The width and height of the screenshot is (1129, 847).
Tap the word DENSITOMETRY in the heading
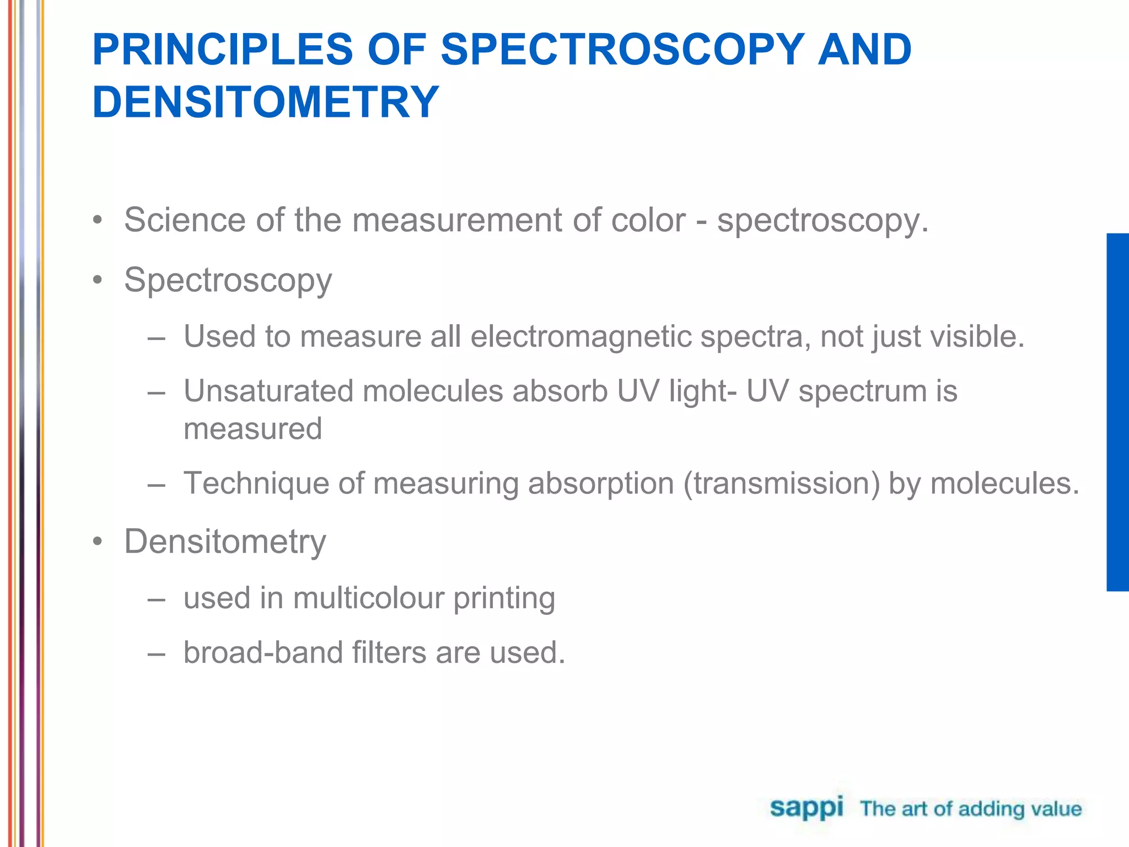265,102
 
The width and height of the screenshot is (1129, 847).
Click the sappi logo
806,808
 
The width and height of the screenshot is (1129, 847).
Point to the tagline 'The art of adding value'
970,809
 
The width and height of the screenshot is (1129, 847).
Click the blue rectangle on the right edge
1117,412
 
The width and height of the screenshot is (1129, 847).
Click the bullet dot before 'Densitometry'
98,542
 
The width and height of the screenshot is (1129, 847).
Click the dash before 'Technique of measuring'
157,485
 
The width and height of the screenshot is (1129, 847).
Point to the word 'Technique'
256,484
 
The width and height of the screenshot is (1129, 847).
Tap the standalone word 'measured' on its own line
252,429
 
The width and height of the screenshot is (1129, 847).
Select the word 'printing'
504,598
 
